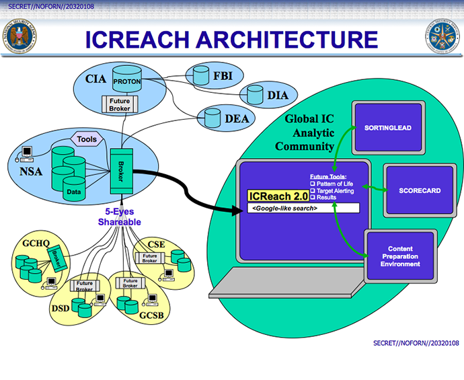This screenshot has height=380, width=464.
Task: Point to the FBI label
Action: pyautogui.click(x=223, y=76)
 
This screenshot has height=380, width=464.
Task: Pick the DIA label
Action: pyautogui.click(x=277, y=96)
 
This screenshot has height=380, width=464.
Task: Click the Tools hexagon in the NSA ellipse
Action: pyautogui.click(x=87, y=139)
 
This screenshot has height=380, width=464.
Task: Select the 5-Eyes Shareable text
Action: pyautogui.click(x=118, y=217)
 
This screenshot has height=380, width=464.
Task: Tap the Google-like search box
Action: pyautogui.click(x=303, y=208)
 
